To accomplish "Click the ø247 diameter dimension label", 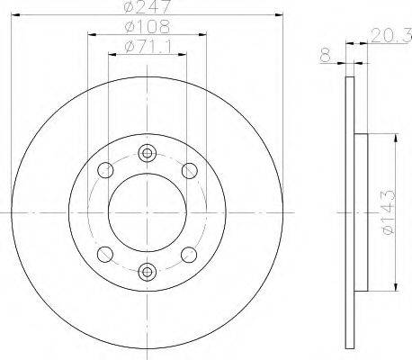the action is click(148, 6).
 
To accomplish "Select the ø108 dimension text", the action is click(148, 26).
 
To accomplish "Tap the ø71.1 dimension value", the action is click(148, 46).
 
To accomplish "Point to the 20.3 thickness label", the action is click(391, 35).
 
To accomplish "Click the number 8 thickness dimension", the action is click(326, 55).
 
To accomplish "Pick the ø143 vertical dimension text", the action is click(389, 211).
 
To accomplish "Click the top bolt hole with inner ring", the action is click(147, 153).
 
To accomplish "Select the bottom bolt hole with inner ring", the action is click(147, 272).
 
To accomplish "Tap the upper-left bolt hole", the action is click(105, 170).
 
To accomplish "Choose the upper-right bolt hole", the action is click(190, 171).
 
